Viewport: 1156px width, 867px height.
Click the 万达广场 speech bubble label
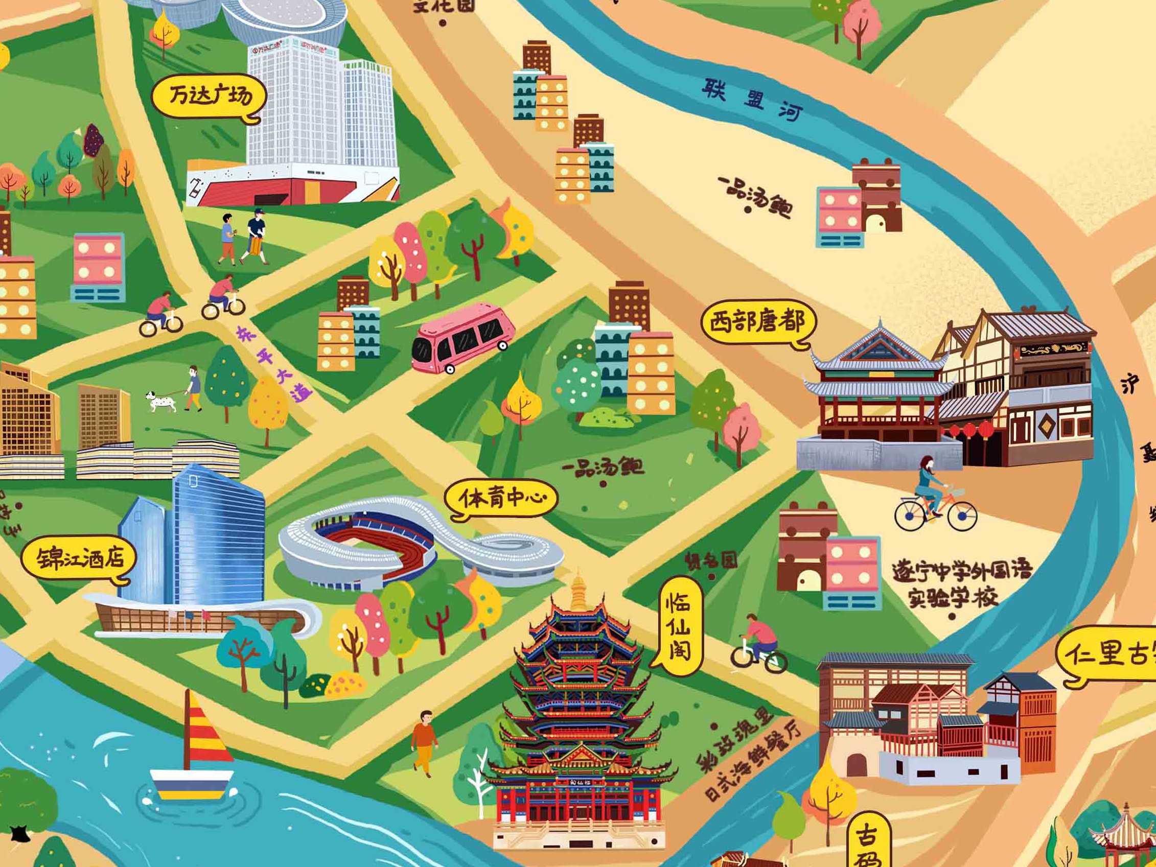(209, 97)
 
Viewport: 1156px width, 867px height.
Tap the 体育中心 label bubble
(501, 499)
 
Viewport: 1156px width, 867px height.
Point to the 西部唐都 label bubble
(757, 322)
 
